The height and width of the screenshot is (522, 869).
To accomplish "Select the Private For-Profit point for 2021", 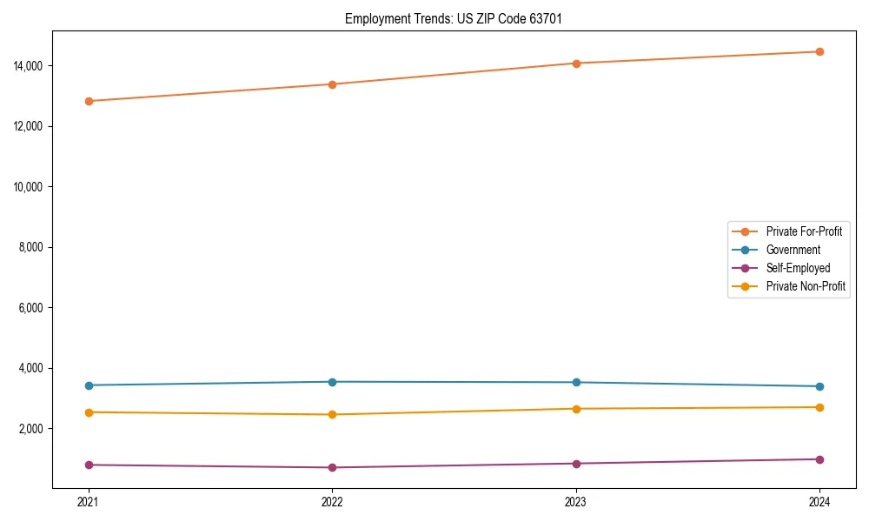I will (x=89, y=101).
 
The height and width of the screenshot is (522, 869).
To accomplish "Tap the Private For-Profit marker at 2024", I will (x=819, y=51).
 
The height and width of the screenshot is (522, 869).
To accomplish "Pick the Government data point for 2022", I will (x=332, y=382).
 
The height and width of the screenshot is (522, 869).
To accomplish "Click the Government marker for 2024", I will (x=819, y=386).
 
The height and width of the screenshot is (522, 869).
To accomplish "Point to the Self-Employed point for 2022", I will (x=332, y=468).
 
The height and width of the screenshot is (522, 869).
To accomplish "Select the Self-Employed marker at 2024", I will (x=819, y=459).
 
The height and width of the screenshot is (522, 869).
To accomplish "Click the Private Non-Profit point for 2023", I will (x=576, y=409).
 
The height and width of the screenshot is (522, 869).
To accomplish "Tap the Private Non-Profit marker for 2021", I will (x=89, y=412).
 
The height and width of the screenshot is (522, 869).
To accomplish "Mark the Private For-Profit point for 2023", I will (x=576, y=64).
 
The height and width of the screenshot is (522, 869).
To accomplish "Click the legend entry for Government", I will (x=793, y=250).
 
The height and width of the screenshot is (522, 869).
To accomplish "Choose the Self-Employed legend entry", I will (x=798, y=268).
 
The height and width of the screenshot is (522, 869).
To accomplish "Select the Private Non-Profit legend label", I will (x=806, y=286).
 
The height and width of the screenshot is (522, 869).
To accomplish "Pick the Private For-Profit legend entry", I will (x=804, y=231).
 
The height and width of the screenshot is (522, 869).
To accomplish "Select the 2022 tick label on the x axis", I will (x=332, y=502).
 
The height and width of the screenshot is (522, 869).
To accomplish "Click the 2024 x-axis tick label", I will (x=819, y=502).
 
